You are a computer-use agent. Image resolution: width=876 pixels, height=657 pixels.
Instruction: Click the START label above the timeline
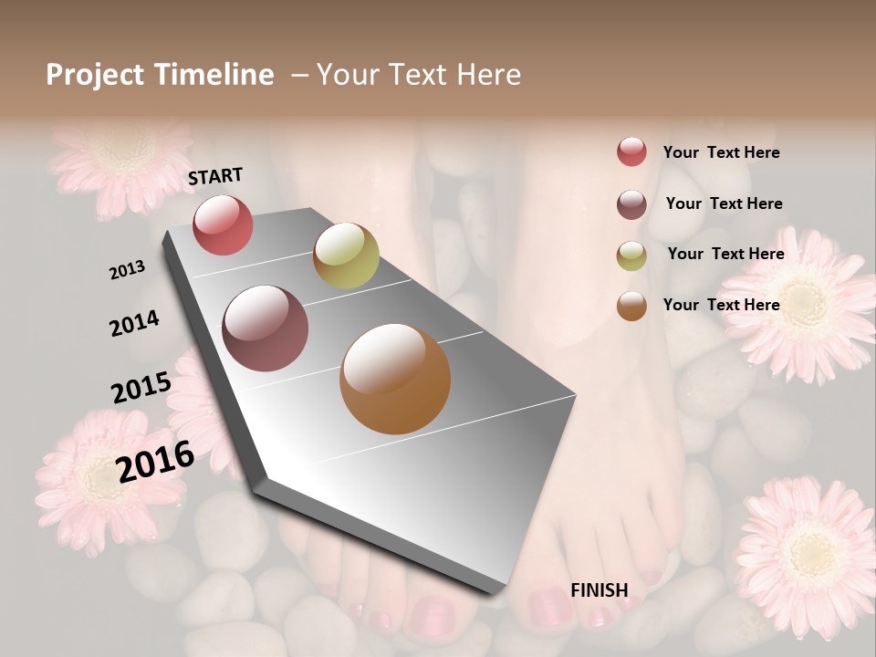[x=215, y=176]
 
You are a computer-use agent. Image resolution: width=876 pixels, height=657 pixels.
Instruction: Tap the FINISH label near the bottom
[x=599, y=590]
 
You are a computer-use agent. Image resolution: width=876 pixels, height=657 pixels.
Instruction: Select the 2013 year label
[x=127, y=270]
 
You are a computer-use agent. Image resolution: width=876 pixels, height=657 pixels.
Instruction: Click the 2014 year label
[x=134, y=323]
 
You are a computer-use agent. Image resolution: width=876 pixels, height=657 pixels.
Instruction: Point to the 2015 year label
[x=141, y=387]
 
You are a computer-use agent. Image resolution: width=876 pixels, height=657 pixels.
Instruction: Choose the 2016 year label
[x=155, y=461]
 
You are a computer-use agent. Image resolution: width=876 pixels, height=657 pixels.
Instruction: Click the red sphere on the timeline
[x=223, y=224]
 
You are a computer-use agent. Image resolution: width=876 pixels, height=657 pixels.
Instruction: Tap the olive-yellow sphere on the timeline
[x=346, y=255]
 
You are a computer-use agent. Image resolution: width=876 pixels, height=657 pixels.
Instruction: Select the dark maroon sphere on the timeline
[x=266, y=328]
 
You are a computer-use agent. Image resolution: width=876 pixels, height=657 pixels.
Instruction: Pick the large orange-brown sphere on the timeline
[x=395, y=379]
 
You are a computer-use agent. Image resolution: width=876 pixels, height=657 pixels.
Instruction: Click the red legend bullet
[x=631, y=152]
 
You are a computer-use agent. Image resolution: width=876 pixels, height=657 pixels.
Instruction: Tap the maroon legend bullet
[x=631, y=204]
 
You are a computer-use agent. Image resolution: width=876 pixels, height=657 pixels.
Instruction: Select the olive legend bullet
[x=631, y=255]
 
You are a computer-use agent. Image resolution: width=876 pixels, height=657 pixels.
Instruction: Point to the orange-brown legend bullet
[x=631, y=306]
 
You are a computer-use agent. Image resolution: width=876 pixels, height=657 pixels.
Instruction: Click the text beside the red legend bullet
[x=721, y=152]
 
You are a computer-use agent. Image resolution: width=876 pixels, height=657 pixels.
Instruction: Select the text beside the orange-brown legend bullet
[x=721, y=305]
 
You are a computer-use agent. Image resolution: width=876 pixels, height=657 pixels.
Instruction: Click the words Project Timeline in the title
[x=160, y=75]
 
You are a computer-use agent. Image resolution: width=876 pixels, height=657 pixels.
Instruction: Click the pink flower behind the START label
[x=123, y=160]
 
